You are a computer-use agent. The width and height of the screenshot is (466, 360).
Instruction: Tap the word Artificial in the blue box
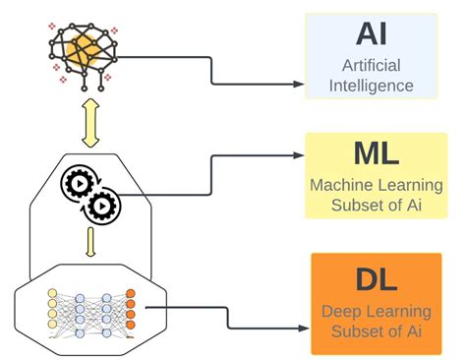point(372,65)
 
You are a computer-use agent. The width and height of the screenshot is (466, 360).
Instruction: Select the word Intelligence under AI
point(372,85)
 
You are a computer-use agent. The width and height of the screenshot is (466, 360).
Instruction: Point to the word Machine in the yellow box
point(340,184)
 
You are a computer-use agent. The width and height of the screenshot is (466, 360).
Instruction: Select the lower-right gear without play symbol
point(101,205)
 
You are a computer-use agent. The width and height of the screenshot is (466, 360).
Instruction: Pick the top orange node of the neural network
point(130,292)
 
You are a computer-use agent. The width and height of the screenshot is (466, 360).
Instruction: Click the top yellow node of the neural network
point(52,292)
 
